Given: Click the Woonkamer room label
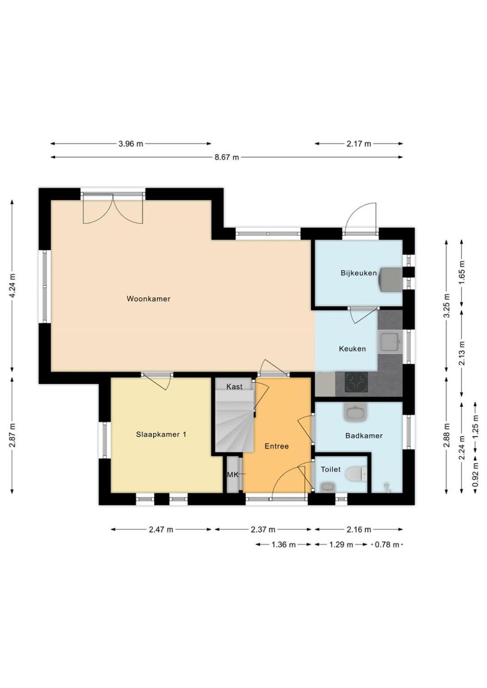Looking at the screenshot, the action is (148, 299).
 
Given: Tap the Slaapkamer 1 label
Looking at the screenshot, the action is (161, 434).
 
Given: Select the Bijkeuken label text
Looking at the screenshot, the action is (359, 273).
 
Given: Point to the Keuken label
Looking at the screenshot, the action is (352, 349).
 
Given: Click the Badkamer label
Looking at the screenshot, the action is (364, 436).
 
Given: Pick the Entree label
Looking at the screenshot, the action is (277, 446).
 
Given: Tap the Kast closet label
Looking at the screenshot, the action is (234, 387).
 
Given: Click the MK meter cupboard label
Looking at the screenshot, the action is (232, 475).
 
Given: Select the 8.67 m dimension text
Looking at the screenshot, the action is (226, 157).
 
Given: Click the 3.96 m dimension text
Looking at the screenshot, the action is (131, 143).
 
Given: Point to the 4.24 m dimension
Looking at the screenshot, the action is (12, 286).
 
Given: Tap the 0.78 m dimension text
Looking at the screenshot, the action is (387, 545).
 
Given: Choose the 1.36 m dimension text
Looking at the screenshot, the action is (284, 545).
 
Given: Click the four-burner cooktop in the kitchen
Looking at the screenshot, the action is (356, 382).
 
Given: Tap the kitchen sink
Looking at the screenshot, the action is (390, 342).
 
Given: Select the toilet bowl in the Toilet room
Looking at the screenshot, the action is (357, 474).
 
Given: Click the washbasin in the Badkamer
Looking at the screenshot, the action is (355, 412).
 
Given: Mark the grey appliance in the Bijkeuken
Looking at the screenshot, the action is (391, 279).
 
